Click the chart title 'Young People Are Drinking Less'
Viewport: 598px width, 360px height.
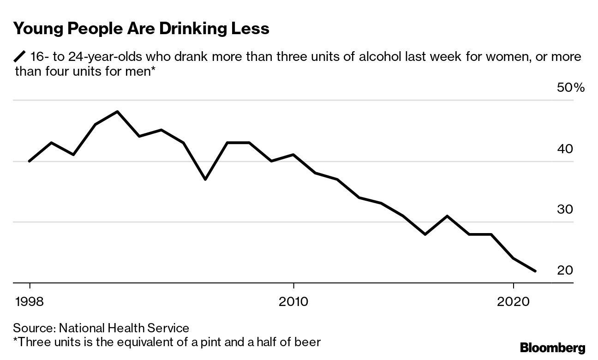coord(141,29)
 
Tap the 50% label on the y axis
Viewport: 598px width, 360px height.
coord(571,88)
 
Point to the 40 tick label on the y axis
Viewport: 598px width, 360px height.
coord(565,149)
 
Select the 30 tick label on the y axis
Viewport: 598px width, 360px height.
coord(565,209)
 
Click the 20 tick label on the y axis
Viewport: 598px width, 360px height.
coord(565,270)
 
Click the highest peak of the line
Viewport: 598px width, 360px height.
coord(117,112)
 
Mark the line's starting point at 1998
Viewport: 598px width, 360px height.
coord(30,161)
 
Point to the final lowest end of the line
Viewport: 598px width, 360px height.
coord(535,271)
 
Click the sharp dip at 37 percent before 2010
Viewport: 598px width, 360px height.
coord(205,179)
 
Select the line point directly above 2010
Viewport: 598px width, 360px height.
coord(293,155)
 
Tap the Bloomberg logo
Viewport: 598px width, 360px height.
coord(552,348)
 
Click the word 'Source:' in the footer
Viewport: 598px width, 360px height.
coord(34,328)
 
